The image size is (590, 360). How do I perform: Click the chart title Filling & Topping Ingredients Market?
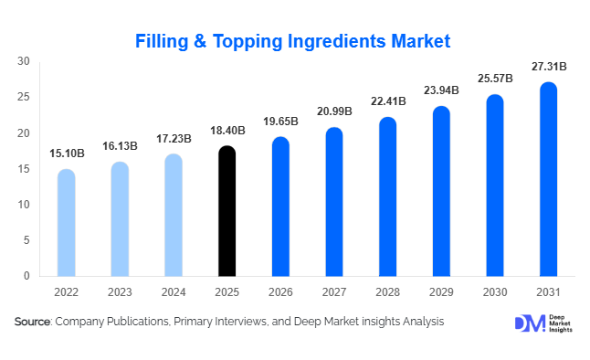pyautogui.click(x=293, y=41)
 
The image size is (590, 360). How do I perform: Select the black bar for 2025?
pyautogui.click(x=227, y=211)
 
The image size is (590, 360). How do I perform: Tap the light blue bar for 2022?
pyautogui.click(x=67, y=223)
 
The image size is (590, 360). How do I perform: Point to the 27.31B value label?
pyautogui.click(x=549, y=67)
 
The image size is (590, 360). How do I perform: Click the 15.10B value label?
pyautogui.click(x=67, y=154)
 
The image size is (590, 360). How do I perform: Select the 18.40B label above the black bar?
pyautogui.click(x=227, y=131)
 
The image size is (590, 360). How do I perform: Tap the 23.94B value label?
pyautogui.click(x=442, y=91)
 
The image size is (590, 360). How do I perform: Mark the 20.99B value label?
pyautogui.click(x=334, y=112)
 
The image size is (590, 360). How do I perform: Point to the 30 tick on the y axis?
pyautogui.click(x=25, y=61)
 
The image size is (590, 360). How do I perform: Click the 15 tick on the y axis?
pyautogui.click(x=25, y=169)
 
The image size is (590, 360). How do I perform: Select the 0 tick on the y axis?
pyautogui.click(x=27, y=276)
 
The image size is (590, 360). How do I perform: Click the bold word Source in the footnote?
pyautogui.click(x=32, y=322)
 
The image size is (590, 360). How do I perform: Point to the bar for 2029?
pyautogui.click(x=442, y=191)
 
